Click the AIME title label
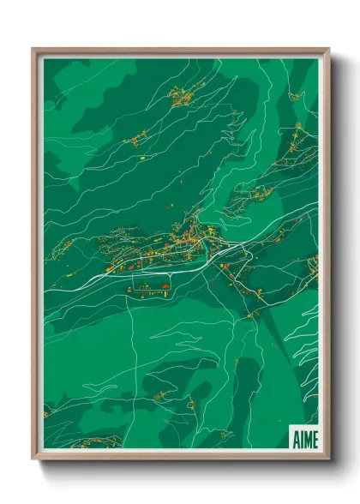pos(304,439)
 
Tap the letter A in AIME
pos(295,439)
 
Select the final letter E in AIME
pos(315,439)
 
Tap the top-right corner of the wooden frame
pos(328,49)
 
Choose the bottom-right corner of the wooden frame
pos(328,458)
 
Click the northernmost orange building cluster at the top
pos(182,96)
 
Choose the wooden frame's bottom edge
pos(180,454)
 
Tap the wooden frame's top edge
pos(180,51)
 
